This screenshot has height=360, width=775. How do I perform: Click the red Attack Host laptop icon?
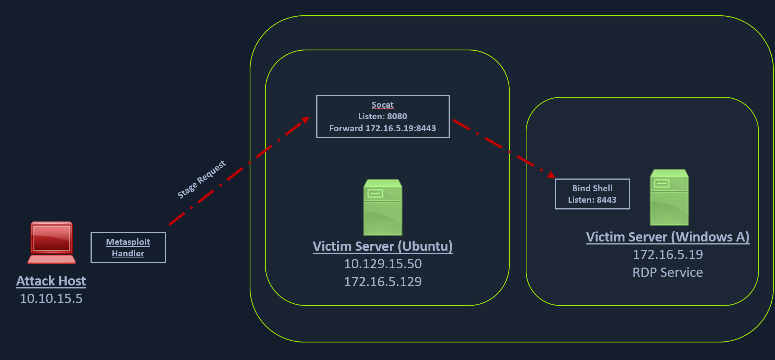click(x=51, y=243)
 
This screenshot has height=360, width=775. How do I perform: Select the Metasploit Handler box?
click(x=128, y=247)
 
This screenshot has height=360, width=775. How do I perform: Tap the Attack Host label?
click(x=51, y=281)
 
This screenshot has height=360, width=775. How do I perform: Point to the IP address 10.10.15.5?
click(x=51, y=299)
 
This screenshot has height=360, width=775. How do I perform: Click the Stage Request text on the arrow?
click(x=201, y=179)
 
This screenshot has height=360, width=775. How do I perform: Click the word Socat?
click(x=383, y=105)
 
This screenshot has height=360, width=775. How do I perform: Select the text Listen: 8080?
click(x=383, y=116)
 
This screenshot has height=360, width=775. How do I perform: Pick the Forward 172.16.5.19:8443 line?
click(x=383, y=128)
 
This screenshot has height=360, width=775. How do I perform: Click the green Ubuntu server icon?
click(x=383, y=207)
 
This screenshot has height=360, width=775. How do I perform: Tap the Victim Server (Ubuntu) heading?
click(x=383, y=246)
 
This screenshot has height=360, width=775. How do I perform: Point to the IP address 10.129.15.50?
click(x=383, y=264)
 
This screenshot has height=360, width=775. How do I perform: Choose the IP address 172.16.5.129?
click(x=383, y=282)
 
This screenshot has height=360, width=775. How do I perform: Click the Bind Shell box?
click(x=592, y=194)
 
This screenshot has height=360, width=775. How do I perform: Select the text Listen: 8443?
click(x=592, y=200)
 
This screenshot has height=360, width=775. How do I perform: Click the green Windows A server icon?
click(x=669, y=197)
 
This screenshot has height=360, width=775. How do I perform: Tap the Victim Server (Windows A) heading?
click(x=668, y=237)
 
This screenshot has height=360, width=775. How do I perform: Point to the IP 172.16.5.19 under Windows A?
click(x=668, y=255)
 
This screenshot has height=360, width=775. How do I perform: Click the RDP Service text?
click(x=668, y=272)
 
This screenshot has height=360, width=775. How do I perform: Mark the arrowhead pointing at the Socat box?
click(x=306, y=120)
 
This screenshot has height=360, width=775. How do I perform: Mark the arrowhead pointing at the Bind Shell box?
click(x=551, y=174)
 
